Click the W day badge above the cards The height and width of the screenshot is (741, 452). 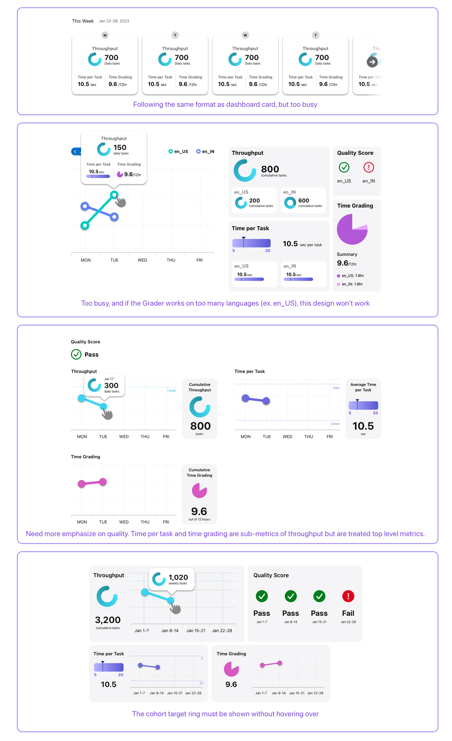pos(245,35)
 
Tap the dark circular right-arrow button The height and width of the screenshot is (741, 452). pos(372,62)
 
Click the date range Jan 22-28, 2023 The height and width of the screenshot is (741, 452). pos(114,21)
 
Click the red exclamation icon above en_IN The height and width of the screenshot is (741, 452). pos(369,167)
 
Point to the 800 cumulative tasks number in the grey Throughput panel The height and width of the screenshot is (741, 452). pos(270,169)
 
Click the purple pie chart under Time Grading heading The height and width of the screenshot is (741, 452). pos(352,229)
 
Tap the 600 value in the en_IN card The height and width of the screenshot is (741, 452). pos(303,201)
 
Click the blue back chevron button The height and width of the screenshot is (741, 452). pos(75,151)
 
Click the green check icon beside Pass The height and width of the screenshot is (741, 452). pos(76,355)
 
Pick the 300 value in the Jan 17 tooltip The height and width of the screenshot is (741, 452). pos(111,386)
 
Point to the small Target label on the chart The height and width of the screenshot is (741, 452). pos(171,390)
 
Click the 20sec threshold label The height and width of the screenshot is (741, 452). pos(335,424)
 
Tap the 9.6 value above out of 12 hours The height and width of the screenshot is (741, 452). pos(199,511)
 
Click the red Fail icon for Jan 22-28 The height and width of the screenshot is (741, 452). pos(348,596)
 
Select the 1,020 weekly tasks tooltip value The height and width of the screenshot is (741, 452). pos(178,577)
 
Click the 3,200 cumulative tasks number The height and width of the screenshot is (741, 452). pos(108,620)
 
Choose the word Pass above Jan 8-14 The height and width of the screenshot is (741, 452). pos(290,613)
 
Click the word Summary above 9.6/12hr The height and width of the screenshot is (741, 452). pos(347,254)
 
